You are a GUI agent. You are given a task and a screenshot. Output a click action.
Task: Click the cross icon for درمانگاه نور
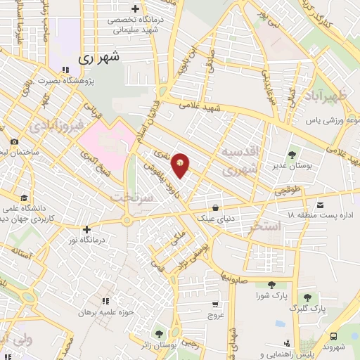[x=86, y=229]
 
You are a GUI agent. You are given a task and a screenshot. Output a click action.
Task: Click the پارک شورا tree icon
[x=271, y=285]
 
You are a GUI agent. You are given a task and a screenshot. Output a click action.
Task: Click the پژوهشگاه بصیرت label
[x=98, y=81]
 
